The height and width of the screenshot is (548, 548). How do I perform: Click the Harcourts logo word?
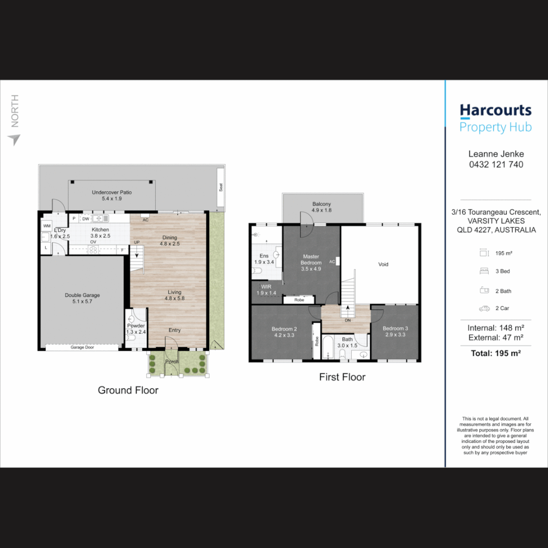point(496,111)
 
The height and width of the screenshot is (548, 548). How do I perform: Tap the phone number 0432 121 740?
point(496,164)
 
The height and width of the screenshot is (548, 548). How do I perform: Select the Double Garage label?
point(82,295)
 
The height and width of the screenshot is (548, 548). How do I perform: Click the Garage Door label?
point(82,348)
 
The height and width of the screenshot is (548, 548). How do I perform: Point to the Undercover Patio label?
point(112,192)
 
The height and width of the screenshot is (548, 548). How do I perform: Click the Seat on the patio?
point(221,187)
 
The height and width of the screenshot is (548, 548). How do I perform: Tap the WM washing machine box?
point(47,226)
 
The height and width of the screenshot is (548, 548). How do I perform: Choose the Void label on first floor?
point(384,264)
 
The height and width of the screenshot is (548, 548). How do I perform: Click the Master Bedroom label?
point(311,260)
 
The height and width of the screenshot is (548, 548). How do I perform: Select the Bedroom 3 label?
point(395,328)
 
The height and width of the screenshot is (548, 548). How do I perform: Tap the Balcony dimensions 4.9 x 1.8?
point(322,210)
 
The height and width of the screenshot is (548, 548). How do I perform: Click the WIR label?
point(266,287)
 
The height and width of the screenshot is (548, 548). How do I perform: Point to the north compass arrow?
point(14,140)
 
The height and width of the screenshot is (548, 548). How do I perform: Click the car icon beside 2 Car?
point(485,309)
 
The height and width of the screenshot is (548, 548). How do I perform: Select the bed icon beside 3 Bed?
point(485,271)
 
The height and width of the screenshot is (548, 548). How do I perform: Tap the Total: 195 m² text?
point(496,353)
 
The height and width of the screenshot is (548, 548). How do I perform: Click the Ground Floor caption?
point(128,390)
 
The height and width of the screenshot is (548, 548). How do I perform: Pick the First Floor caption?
point(342,377)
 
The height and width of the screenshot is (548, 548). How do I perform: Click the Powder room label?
point(136,326)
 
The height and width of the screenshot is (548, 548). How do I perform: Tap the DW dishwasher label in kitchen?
point(86,219)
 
